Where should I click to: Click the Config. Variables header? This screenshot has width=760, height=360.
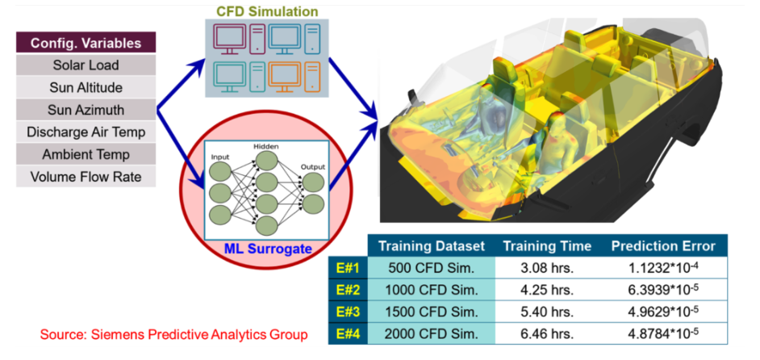pyautogui.click(x=86, y=43)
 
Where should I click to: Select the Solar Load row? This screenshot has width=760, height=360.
pyautogui.click(x=86, y=65)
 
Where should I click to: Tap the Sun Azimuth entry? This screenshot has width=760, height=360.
pyautogui.click(x=86, y=110)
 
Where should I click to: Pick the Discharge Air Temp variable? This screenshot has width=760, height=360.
pyautogui.click(x=86, y=132)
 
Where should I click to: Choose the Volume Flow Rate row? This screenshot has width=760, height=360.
pyautogui.click(x=86, y=177)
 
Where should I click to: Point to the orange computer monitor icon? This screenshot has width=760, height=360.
pyautogui.click(x=284, y=76)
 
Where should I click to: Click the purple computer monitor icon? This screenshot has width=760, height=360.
pyautogui.click(x=231, y=38)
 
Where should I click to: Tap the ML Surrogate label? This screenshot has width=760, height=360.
pyautogui.click(x=268, y=249)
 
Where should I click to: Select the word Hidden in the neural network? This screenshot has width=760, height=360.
pyautogui.click(x=266, y=146)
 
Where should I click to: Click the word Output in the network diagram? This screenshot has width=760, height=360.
pyautogui.click(x=312, y=167)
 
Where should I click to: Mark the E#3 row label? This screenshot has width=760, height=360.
pyautogui.click(x=348, y=312)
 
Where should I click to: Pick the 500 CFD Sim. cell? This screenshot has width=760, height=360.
pyautogui.click(x=432, y=267)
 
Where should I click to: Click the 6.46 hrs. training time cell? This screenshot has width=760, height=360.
pyautogui.click(x=547, y=334)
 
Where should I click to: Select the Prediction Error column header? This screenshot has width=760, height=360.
pyautogui.click(x=663, y=246)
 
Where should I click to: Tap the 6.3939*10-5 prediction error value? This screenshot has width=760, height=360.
pyautogui.click(x=663, y=290)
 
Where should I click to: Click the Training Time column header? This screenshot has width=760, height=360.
pyautogui.click(x=547, y=246)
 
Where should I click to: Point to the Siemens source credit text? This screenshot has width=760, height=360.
pyautogui.click(x=173, y=334)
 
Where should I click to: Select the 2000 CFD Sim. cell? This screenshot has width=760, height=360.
pyautogui.click(x=432, y=334)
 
